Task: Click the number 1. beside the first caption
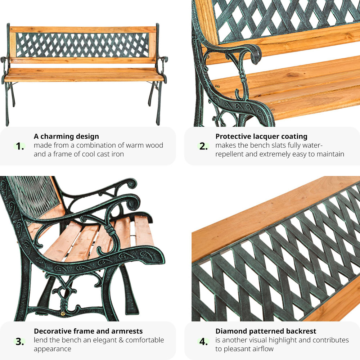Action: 20,146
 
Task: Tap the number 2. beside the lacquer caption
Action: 203,146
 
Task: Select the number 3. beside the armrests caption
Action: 20,341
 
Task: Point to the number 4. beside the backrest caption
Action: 203,341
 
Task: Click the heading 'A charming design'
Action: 66,136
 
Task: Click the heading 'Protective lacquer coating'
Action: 261,136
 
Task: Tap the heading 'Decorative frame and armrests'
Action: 88,331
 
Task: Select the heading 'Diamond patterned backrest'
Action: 266,331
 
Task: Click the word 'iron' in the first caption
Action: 118,154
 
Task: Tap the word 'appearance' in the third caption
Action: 52,349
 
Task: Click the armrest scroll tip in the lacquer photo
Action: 256,55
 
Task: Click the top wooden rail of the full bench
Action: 83,30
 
